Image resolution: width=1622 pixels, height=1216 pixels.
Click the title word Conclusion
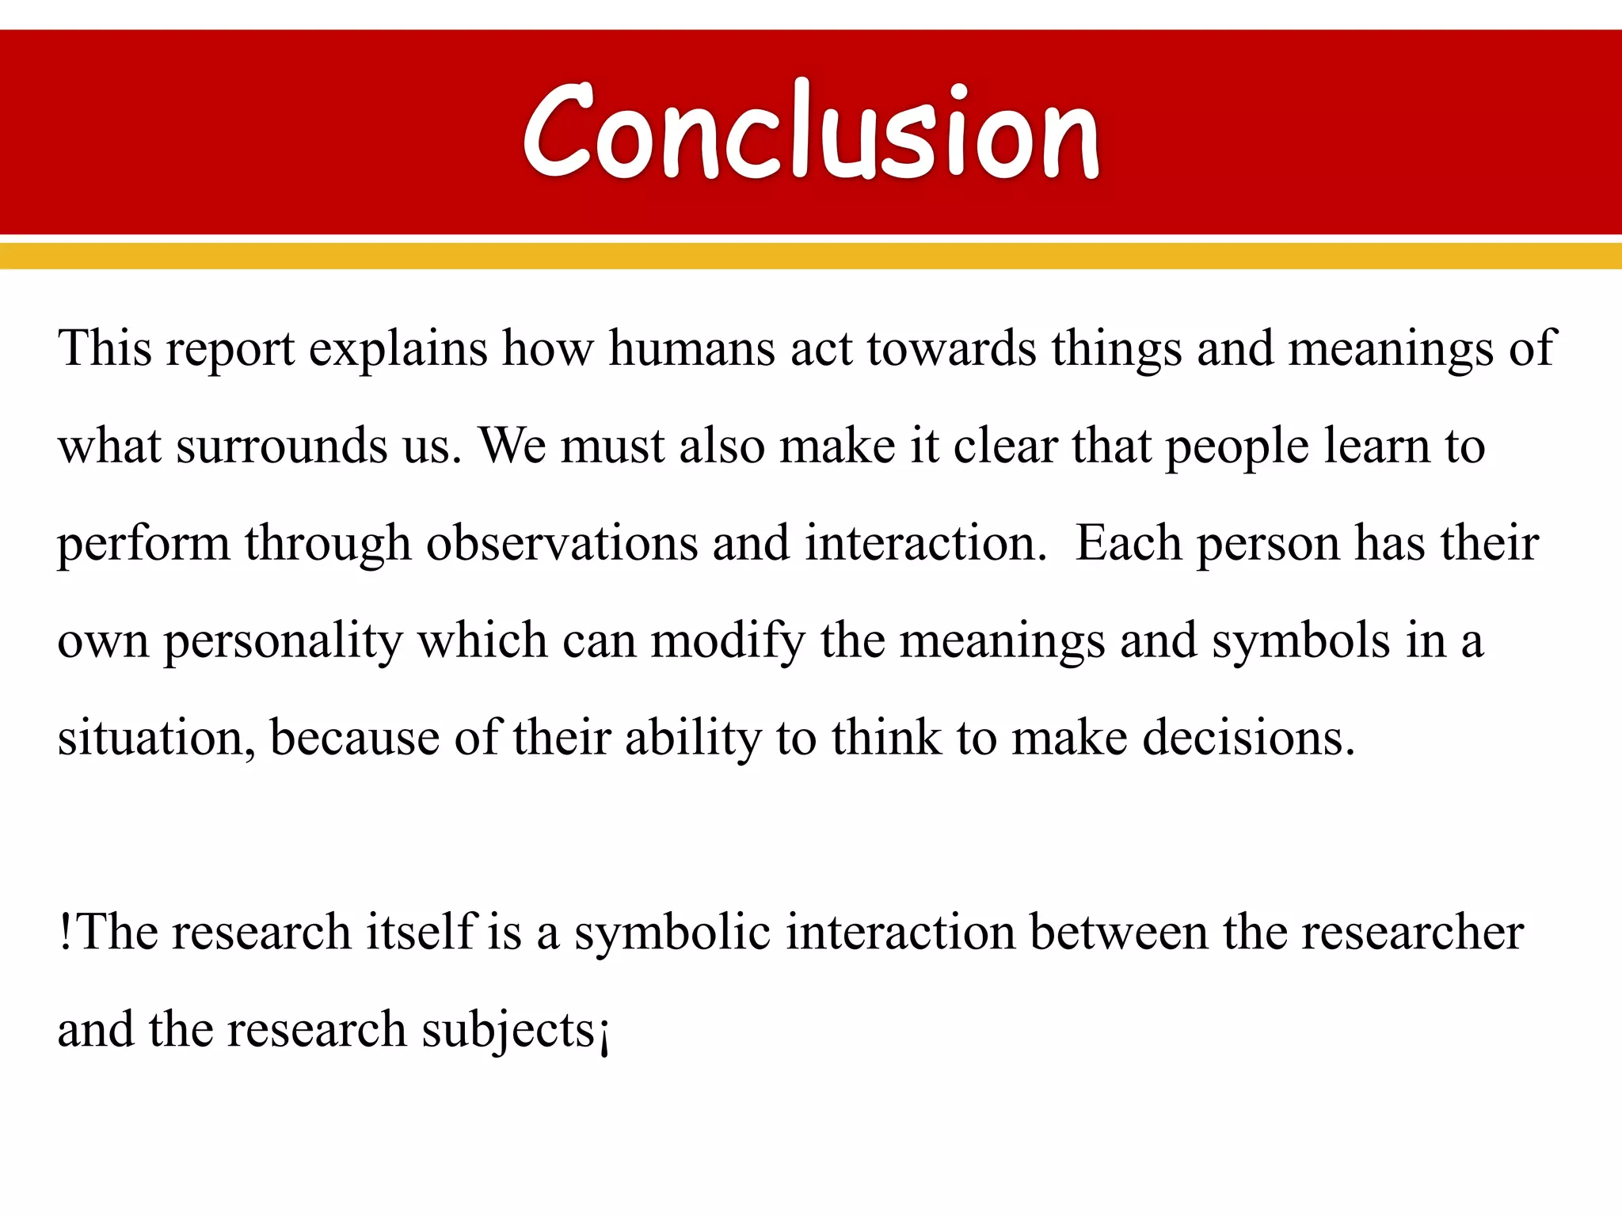coord(811,131)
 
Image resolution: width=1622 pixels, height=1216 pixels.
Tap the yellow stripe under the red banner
coord(811,256)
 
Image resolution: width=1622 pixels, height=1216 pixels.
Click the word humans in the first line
coord(691,348)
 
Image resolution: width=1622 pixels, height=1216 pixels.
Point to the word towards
coord(950,348)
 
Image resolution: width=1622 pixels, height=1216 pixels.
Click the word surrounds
coord(281,446)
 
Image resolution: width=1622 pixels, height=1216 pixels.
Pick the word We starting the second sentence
coord(512,445)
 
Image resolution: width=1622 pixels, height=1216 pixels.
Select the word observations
coord(562,543)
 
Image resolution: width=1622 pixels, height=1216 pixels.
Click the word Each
coord(1128,543)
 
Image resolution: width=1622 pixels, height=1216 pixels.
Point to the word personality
coord(283,642)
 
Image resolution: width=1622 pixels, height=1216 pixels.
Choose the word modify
coord(728,642)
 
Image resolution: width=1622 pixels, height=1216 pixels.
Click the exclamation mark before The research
coord(66,932)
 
